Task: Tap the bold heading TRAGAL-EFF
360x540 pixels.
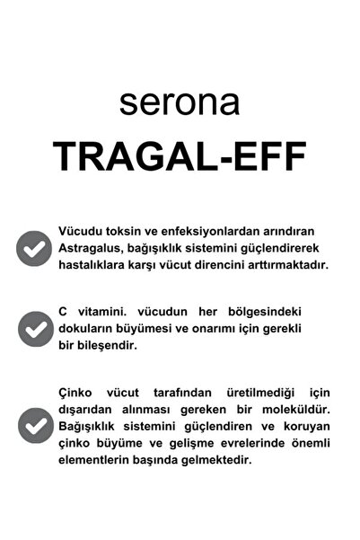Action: [180, 156]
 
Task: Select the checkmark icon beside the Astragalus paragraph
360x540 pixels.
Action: [34, 248]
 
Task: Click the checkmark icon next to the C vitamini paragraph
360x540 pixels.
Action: [34, 329]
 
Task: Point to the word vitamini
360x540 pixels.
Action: [98, 312]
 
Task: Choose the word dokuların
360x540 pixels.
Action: [87, 329]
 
